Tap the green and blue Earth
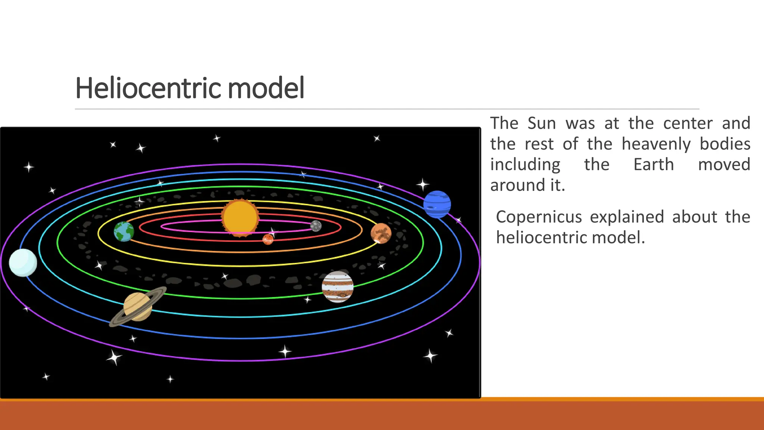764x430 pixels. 124,231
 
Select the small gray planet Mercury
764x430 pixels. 316,226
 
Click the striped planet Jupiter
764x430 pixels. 338,287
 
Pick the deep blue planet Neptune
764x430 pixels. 437,204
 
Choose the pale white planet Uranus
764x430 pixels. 23,262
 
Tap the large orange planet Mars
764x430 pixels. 381,233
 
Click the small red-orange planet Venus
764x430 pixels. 268,239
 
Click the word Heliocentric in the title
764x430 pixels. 149,88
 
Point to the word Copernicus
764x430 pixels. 539,217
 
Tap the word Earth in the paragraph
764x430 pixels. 654,165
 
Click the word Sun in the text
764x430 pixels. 542,123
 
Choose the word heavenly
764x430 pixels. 656,144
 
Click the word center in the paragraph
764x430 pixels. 688,123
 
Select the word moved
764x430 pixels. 724,165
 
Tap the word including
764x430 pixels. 525,165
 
